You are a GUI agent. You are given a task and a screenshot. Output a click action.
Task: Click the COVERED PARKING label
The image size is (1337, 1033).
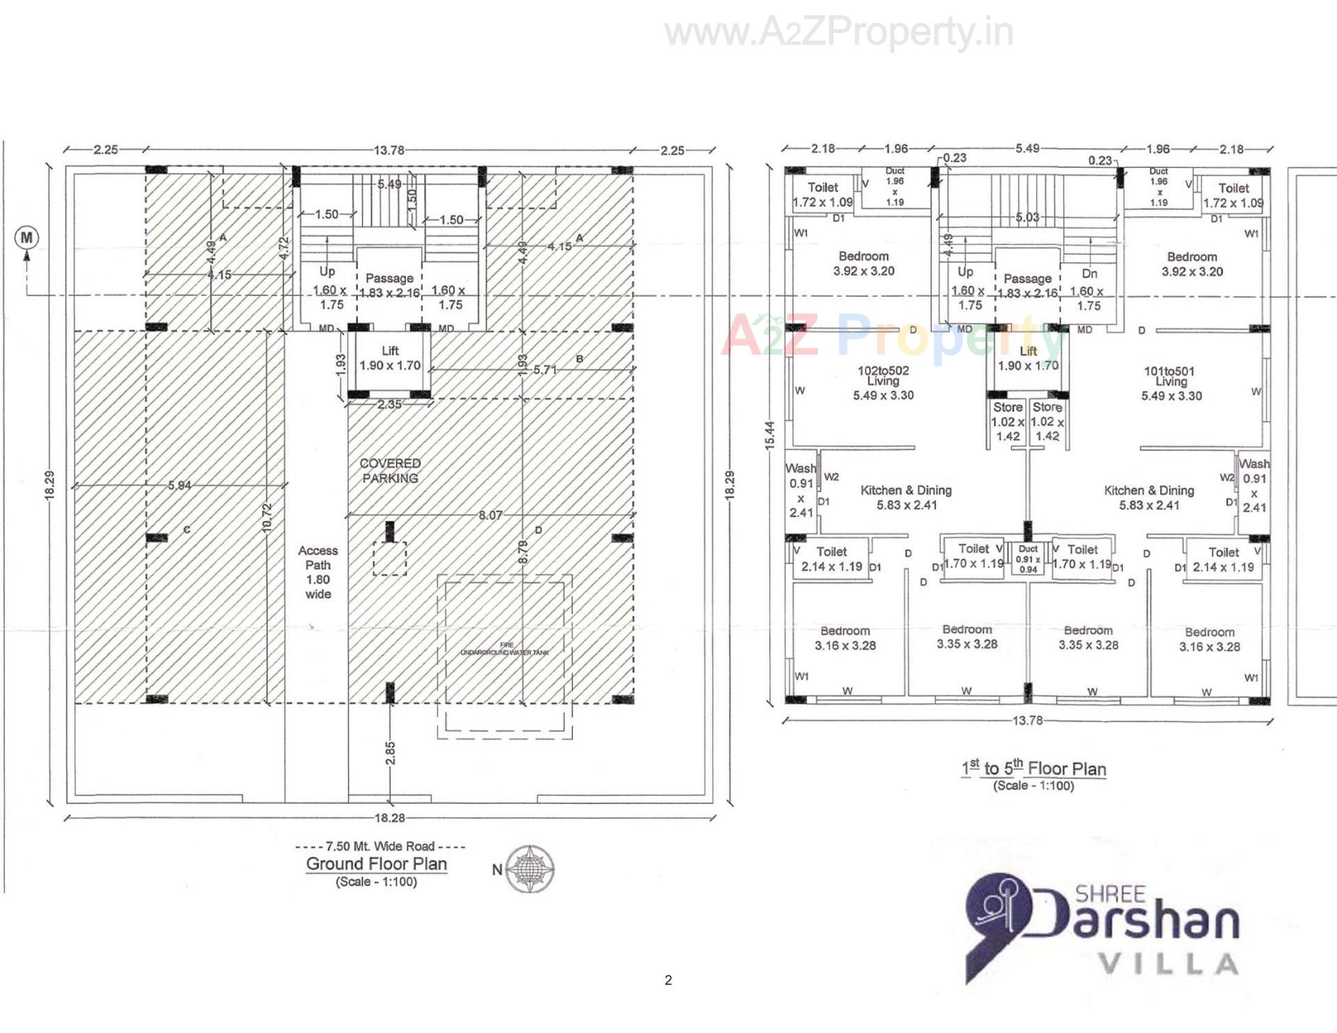[x=390, y=471]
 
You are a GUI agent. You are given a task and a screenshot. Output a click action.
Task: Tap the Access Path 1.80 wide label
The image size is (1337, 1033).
[x=318, y=572]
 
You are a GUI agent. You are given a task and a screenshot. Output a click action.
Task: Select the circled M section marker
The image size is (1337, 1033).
[x=26, y=238]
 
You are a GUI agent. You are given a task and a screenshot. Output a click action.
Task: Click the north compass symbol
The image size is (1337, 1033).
[x=530, y=869]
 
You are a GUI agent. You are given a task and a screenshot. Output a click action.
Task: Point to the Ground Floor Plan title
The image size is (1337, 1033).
[x=376, y=864]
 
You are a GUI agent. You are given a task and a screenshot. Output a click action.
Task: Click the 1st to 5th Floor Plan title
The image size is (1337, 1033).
[x=1033, y=769]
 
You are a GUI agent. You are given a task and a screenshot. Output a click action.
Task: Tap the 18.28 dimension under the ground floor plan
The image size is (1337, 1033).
[x=389, y=818]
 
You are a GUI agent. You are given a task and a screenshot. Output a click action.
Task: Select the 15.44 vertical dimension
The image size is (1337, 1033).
[x=769, y=435]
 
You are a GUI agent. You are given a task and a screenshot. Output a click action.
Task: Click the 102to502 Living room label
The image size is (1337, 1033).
[x=883, y=382]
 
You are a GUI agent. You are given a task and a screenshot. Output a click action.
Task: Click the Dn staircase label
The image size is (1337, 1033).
[x=1090, y=274]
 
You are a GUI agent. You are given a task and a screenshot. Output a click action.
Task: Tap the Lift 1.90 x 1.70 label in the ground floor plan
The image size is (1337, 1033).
[x=390, y=358]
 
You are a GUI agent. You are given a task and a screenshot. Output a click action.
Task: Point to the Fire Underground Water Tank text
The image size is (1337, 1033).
[x=505, y=649]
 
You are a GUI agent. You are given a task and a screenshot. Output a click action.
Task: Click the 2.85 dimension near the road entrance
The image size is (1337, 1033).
[x=390, y=753]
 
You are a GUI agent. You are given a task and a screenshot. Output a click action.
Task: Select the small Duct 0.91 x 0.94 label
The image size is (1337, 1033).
[x=1028, y=559]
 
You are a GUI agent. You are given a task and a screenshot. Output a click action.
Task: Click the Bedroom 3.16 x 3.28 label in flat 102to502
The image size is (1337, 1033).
[x=845, y=638]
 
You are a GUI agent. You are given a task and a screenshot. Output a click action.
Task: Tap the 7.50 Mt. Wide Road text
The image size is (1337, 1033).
[x=380, y=846]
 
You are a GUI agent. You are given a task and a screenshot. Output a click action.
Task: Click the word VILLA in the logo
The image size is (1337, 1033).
[x=1167, y=965]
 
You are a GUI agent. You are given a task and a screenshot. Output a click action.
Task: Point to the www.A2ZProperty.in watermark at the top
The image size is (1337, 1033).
[x=838, y=32]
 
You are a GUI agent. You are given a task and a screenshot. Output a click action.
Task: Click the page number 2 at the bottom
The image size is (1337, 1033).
[x=668, y=980]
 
